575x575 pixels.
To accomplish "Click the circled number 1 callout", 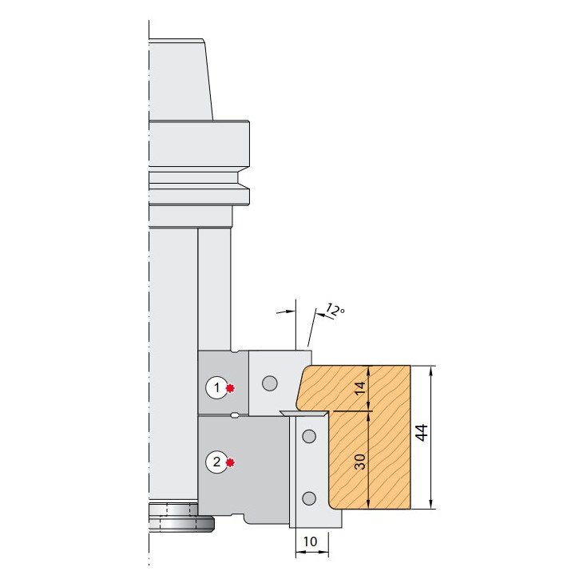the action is pyautogui.click(x=216, y=387).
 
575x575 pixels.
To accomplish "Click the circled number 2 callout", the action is pyautogui.click(x=216, y=462).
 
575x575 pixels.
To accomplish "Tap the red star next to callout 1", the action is pyautogui.click(x=230, y=388).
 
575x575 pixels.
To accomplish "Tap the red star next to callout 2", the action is pyautogui.click(x=230, y=462).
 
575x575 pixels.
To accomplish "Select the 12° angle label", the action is pyautogui.click(x=335, y=310).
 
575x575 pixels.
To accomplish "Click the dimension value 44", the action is pyautogui.click(x=422, y=433).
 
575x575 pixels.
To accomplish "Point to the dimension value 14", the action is pyautogui.click(x=360, y=388).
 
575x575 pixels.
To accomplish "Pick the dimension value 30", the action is pyautogui.click(x=360, y=462).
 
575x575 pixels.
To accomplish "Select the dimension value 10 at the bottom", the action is pyautogui.click(x=310, y=541).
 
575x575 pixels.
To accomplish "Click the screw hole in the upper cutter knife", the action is pyautogui.click(x=270, y=383).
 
